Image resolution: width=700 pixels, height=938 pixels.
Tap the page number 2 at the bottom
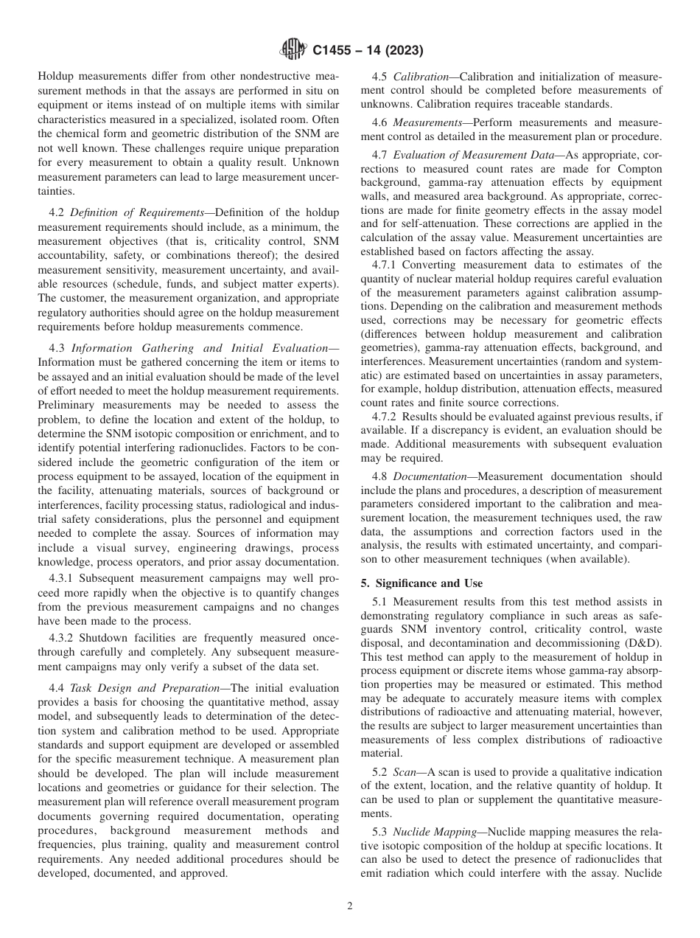pyautogui.click(x=350, y=906)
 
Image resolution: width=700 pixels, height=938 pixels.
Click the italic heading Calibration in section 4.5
pyautogui.click(x=421, y=77)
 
